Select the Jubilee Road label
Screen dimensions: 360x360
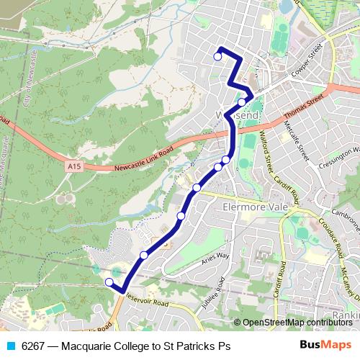215,293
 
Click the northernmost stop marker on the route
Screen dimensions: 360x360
217,56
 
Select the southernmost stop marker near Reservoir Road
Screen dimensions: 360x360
109,282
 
